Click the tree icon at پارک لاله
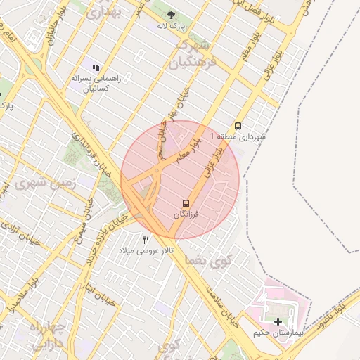(x=171, y=14)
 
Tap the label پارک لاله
(x=171, y=26)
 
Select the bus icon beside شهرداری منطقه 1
(x=238, y=127)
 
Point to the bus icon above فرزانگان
(x=186, y=202)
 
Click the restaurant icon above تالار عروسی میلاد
(x=146, y=240)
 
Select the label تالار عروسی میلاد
(x=146, y=250)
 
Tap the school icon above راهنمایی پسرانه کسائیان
(x=96, y=67)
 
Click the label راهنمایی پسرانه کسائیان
(x=96, y=83)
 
